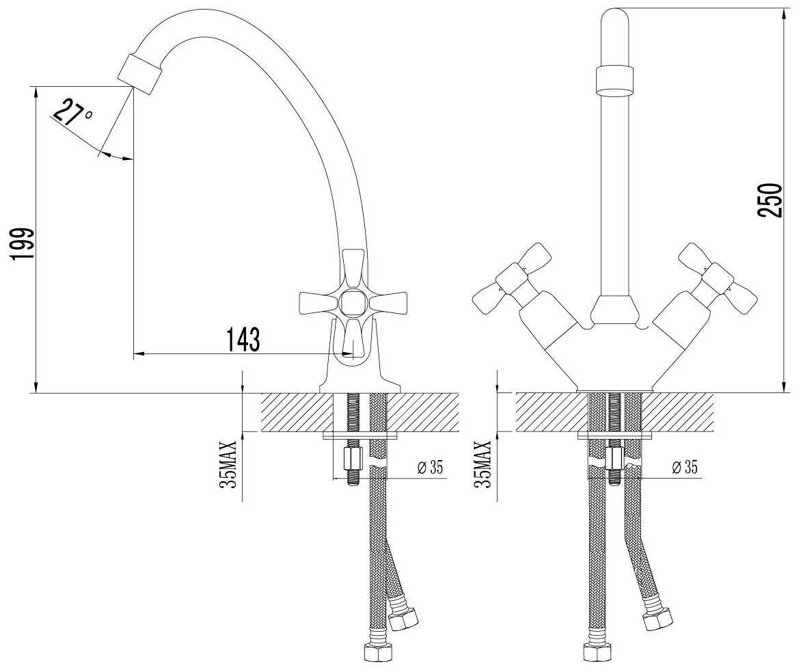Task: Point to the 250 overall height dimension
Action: [771, 200]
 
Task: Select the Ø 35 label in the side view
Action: [429, 468]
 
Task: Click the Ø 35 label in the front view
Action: [685, 468]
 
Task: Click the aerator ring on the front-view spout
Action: [619, 80]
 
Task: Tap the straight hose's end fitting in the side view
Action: [376, 652]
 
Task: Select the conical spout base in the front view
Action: [614, 310]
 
